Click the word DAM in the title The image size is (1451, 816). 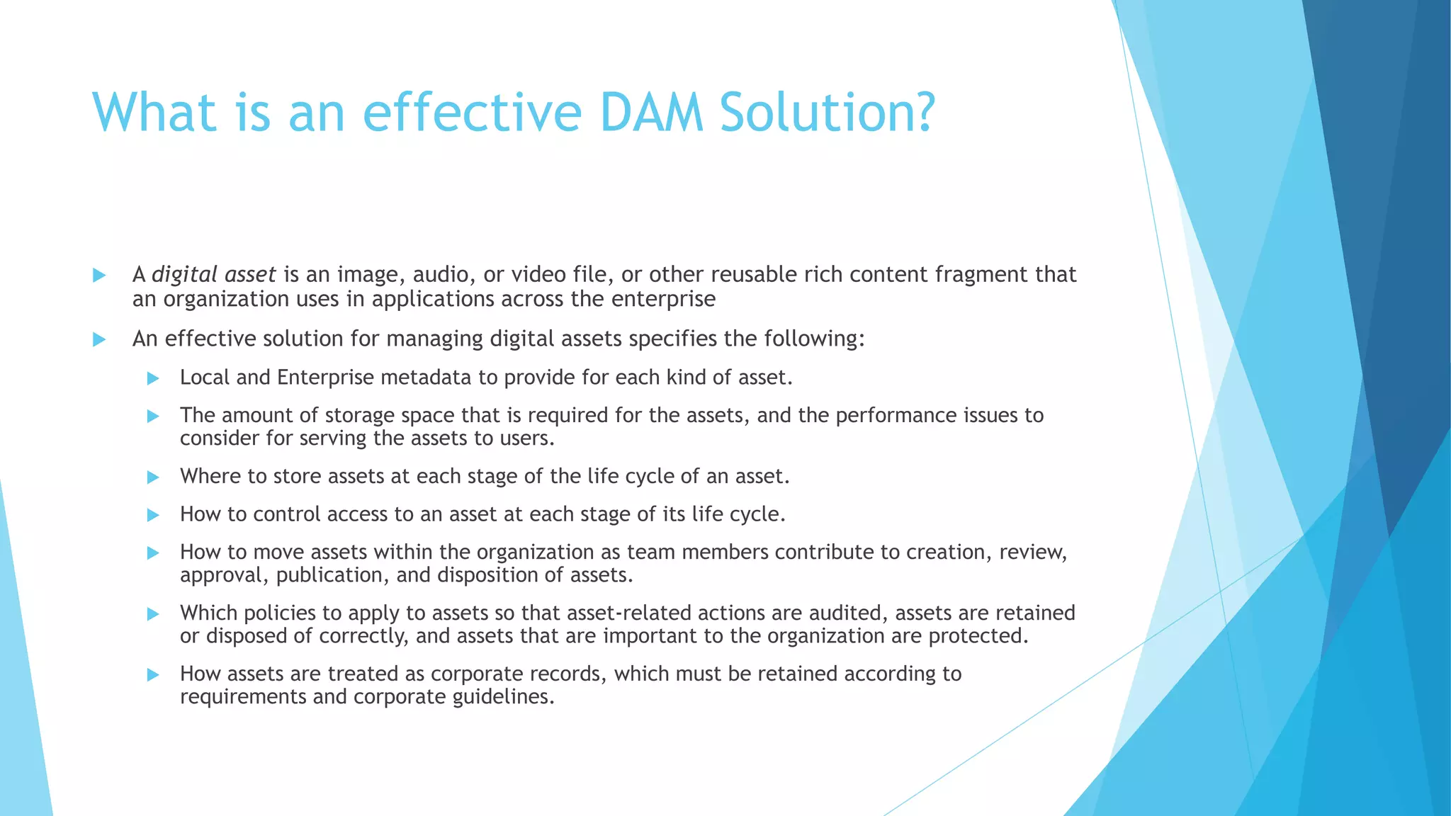click(x=651, y=113)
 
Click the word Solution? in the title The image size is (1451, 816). click(x=828, y=113)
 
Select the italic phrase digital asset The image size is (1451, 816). click(x=213, y=275)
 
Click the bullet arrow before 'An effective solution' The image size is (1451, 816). click(x=99, y=340)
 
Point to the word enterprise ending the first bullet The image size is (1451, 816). click(x=663, y=299)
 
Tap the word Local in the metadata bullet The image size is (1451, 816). click(x=205, y=378)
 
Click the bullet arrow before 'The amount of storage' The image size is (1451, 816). click(x=153, y=416)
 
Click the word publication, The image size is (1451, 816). click(x=332, y=575)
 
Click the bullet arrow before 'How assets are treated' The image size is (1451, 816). click(x=153, y=675)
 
